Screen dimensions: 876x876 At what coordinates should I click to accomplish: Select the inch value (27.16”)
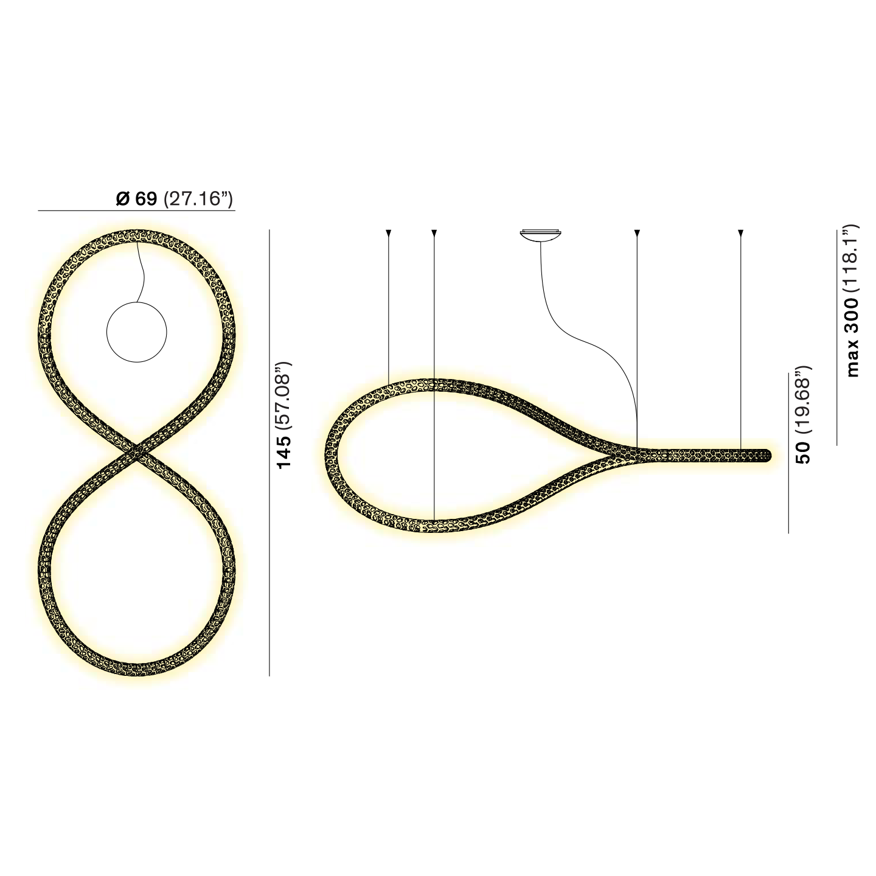click(198, 199)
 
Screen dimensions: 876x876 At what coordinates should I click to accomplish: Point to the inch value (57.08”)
click(284, 396)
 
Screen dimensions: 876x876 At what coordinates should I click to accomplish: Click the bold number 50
click(804, 453)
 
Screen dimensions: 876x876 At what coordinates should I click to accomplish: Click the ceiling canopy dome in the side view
click(540, 235)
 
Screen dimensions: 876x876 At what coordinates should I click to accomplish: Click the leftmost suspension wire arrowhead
click(389, 233)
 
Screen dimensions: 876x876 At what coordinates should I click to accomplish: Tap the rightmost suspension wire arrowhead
click(740, 233)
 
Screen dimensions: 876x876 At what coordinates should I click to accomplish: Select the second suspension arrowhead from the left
click(434, 233)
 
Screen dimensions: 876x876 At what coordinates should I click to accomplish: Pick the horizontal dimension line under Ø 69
click(136, 210)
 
